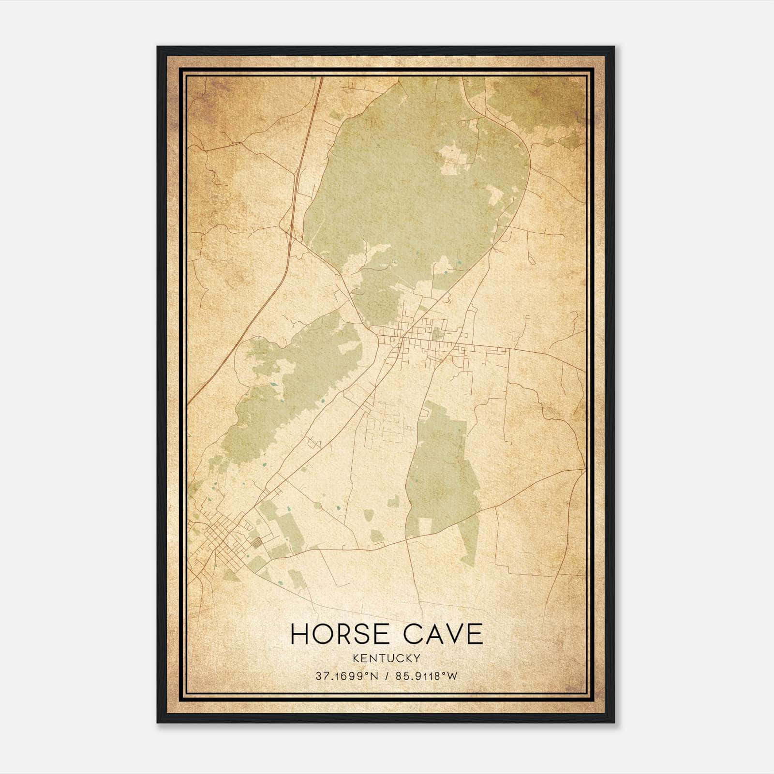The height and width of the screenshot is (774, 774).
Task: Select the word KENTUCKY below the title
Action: [x=387, y=658]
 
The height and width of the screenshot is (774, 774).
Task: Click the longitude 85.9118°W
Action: [x=426, y=676]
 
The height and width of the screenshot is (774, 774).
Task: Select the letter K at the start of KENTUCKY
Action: [x=356, y=658]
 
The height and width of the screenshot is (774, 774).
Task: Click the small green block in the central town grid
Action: [x=438, y=334]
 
